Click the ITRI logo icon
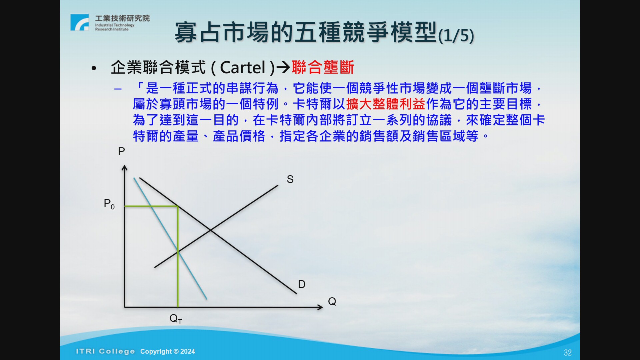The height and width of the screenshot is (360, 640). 80,22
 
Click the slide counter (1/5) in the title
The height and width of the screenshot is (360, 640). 456,35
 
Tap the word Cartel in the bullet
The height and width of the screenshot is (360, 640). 243,68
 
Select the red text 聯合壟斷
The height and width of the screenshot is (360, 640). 323,68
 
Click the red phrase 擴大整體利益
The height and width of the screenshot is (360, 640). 386,104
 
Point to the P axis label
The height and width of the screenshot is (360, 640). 121,152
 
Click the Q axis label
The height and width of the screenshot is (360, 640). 332,301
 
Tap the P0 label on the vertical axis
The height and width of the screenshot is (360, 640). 109,204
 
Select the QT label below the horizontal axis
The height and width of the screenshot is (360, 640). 176,319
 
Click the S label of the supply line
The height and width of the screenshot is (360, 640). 290,179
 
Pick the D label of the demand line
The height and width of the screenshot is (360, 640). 302,284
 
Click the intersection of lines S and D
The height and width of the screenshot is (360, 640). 210,230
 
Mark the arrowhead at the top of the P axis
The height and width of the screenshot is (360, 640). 125,168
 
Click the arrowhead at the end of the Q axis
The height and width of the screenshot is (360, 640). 320,307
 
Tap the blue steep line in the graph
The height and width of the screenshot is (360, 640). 170,238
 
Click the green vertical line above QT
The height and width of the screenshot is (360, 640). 178,257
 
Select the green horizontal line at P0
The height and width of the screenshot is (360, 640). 151,206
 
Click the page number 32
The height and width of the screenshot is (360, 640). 568,353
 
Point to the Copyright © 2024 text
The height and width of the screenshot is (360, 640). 168,351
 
